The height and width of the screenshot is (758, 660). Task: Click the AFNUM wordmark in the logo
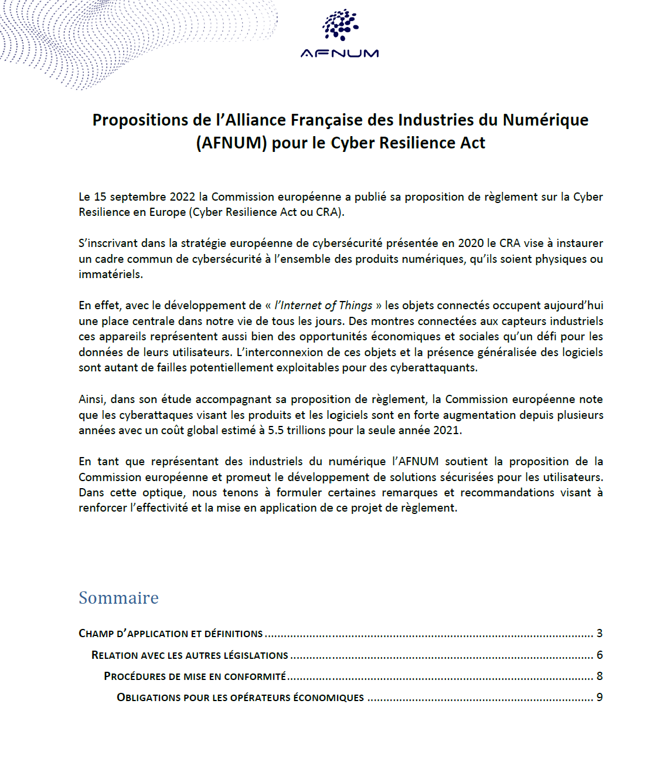pyautogui.click(x=339, y=53)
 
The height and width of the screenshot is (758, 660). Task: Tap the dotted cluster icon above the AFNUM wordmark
pyautogui.click(x=340, y=25)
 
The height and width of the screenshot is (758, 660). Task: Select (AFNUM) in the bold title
pyautogui.click(x=232, y=143)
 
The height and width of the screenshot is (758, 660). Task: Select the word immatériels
pyautogui.click(x=110, y=275)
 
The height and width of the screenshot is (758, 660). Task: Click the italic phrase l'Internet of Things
pyautogui.click(x=324, y=306)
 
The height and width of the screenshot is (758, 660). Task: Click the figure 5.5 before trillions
pyautogui.click(x=275, y=431)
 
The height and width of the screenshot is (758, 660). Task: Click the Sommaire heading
pyautogui.click(x=118, y=598)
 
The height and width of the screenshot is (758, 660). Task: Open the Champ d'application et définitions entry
pyautogui.click(x=171, y=634)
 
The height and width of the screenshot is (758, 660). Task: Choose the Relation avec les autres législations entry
pyautogui.click(x=190, y=655)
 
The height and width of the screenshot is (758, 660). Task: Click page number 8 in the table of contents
pyautogui.click(x=600, y=676)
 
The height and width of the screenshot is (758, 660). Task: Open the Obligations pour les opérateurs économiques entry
pyautogui.click(x=240, y=698)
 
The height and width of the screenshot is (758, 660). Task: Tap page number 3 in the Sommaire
pyautogui.click(x=600, y=634)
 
